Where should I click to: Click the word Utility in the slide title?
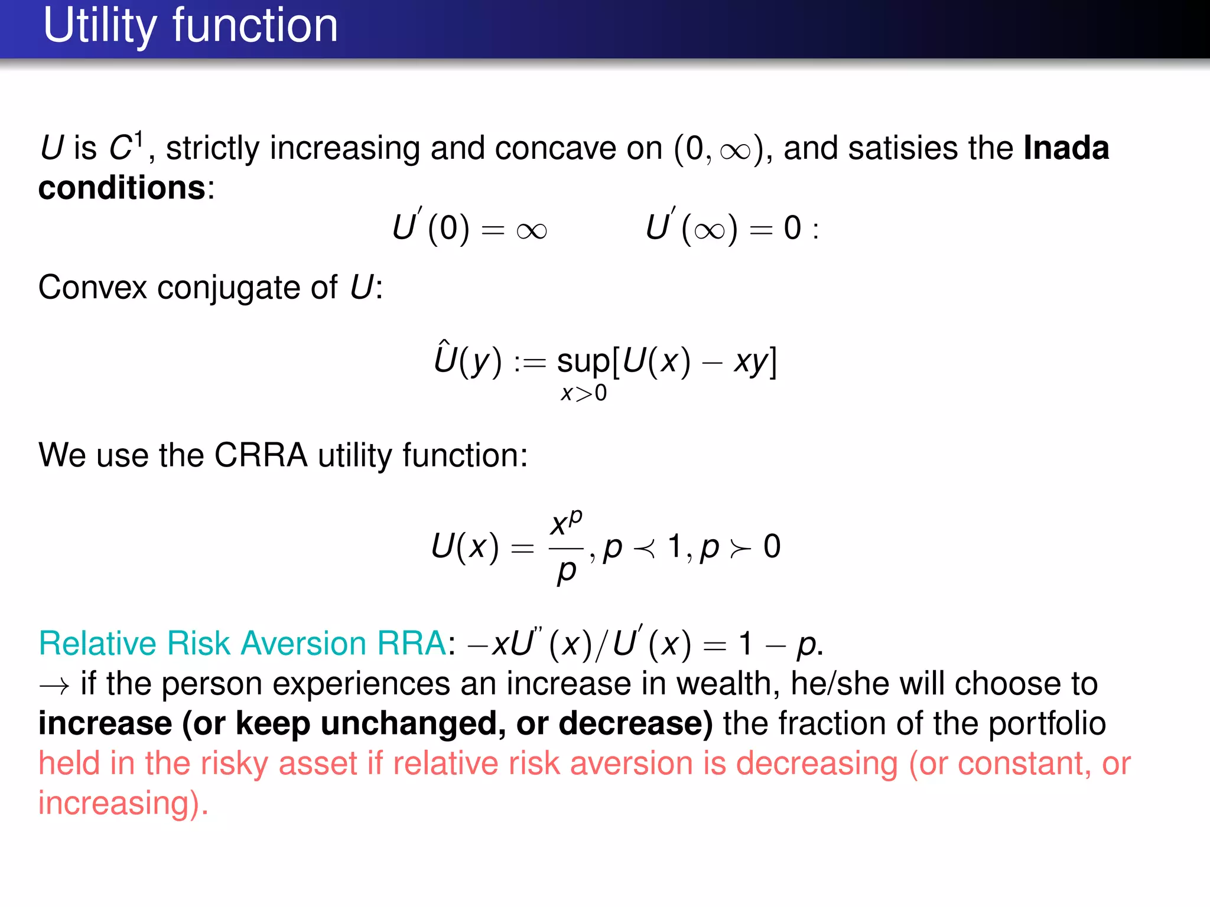pyautogui.click(x=100, y=26)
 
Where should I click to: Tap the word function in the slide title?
pyautogui.click(x=255, y=26)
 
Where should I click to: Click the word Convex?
pyautogui.click(x=93, y=288)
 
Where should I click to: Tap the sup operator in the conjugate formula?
pyautogui.click(x=583, y=361)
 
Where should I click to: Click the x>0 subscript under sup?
pyautogui.click(x=583, y=393)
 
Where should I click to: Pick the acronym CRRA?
pyautogui.click(x=261, y=455)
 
